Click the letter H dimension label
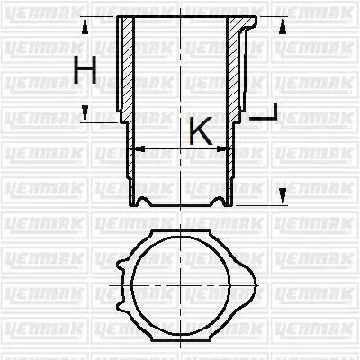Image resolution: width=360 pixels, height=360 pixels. (85, 69)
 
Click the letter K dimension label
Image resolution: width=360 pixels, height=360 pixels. (201, 130)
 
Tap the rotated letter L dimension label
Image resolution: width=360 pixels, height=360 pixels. (264, 112)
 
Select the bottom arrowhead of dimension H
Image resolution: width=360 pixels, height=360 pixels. (85, 112)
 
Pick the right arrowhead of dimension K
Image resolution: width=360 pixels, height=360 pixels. (222, 148)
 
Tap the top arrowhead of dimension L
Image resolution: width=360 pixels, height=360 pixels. (282, 27)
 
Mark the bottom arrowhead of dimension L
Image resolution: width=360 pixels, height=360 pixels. (282, 194)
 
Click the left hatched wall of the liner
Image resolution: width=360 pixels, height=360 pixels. (129, 69)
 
